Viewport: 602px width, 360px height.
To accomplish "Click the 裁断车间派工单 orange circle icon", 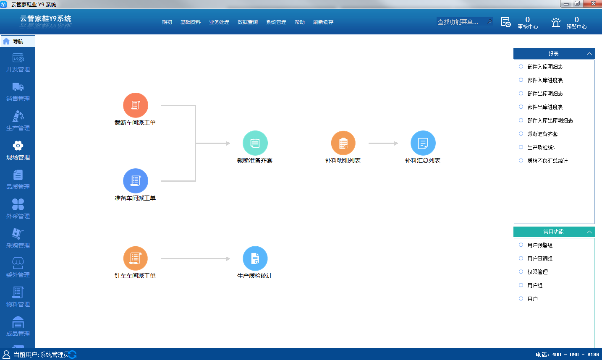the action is pyautogui.click(x=136, y=105).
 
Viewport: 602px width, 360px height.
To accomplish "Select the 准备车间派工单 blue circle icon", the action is pyautogui.click(x=136, y=181).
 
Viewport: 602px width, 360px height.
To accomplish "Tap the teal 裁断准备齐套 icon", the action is pyautogui.click(x=255, y=143).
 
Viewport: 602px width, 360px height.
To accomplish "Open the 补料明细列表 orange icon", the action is pyautogui.click(x=343, y=143).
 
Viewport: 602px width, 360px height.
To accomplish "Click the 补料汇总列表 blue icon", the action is pyautogui.click(x=423, y=143).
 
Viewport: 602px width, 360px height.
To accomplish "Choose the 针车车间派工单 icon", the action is pyautogui.click(x=136, y=258).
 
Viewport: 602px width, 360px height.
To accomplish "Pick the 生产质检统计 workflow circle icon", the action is pyautogui.click(x=255, y=258).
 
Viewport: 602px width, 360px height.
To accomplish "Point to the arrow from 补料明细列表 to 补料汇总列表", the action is pyautogui.click(x=383, y=143).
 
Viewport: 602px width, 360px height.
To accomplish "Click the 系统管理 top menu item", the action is pyautogui.click(x=276, y=22).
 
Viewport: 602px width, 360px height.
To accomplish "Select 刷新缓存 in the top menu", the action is pyautogui.click(x=323, y=22).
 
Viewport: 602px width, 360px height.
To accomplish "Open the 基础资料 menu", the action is pyautogui.click(x=191, y=22).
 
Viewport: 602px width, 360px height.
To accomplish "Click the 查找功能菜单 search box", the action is pyautogui.click(x=464, y=22).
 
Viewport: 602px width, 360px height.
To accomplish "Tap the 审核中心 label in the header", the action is pyautogui.click(x=528, y=26).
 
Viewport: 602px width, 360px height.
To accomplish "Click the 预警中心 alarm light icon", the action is pyautogui.click(x=556, y=22).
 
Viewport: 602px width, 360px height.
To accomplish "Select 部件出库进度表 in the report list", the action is pyautogui.click(x=545, y=107).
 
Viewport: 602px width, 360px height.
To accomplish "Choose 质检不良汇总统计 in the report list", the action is pyautogui.click(x=547, y=161).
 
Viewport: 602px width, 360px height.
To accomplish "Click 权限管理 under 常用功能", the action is pyautogui.click(x=537, y=272).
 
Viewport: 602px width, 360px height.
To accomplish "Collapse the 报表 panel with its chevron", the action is pyautogui.click(x=589, y=54).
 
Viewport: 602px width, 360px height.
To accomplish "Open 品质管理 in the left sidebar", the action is pyautogui.click(x=18, y=180).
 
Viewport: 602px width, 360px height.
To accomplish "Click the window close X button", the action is pyautogui.click(x=594, y=3).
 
